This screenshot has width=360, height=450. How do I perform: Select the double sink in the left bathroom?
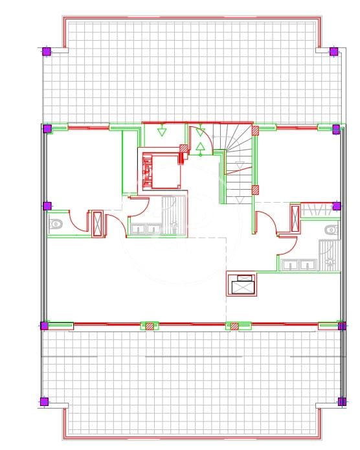146,227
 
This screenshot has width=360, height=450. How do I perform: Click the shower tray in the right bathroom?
328,256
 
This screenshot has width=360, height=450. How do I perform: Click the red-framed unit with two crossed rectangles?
241,284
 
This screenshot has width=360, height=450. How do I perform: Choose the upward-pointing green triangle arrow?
201,148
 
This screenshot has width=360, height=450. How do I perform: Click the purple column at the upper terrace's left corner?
47,51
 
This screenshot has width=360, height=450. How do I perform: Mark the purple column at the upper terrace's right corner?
333,51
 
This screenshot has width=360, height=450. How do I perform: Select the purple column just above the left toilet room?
47,206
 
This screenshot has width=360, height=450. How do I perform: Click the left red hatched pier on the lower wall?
150,326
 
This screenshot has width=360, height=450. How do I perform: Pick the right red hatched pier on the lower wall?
234,326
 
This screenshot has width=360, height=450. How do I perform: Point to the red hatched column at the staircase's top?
255,129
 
